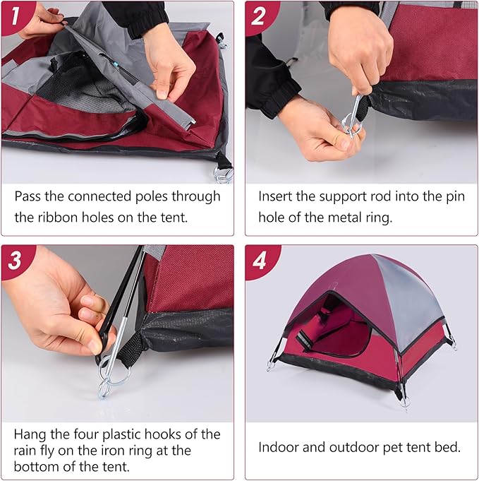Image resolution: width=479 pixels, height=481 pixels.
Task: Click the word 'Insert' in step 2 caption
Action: tap(276, 196)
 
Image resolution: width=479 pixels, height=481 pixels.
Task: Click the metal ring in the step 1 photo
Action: tap(223, 173)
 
